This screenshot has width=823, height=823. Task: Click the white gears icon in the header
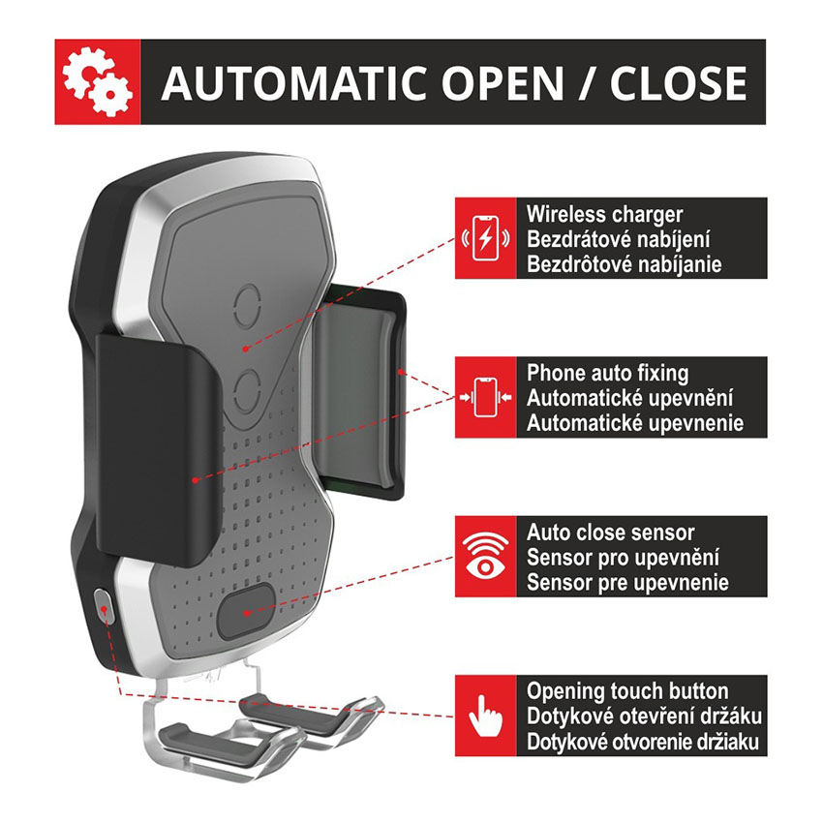point(98,81)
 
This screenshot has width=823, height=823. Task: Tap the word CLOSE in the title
point(678,83)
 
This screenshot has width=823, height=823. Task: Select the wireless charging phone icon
point(485,238)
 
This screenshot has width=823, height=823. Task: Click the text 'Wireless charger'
point(604,214)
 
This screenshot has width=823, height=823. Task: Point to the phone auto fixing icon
point(485,397)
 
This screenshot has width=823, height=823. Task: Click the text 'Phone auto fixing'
point(607,373)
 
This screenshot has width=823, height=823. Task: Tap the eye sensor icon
point(485,556)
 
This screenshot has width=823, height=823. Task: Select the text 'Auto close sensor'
point(610,533)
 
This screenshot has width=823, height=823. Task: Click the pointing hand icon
point(485,716)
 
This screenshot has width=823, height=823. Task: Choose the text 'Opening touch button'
point(627,691)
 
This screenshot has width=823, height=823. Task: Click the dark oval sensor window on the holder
point(246,612)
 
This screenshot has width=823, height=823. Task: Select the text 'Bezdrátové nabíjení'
point(618,239)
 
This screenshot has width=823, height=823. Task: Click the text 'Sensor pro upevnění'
point(623,558)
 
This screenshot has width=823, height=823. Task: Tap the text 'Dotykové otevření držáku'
point(644,716)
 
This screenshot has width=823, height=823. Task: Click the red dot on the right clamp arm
point(401,372)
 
